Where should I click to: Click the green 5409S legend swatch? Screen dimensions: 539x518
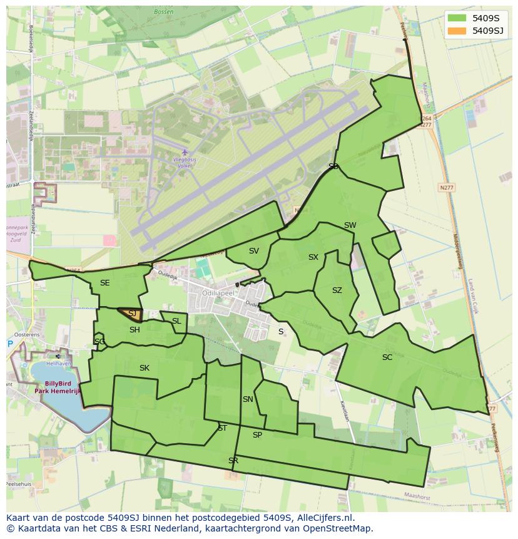point(457,18)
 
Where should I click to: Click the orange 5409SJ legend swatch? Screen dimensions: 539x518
point(457,31)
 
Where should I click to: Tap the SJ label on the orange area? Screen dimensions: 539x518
point(132,313)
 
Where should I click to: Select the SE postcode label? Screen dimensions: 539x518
point(104,283)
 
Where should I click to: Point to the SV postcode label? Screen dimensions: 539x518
point(253,251)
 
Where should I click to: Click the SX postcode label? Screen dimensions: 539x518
point(313,257)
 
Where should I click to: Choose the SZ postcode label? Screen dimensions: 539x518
point(337,290)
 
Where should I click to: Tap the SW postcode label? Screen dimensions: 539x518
point(350,225)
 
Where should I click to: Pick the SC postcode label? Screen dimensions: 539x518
point(387,357)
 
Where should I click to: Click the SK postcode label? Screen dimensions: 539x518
point(145,368)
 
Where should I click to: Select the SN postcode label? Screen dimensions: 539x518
point(248,399)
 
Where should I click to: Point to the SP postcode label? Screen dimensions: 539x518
point(257,435)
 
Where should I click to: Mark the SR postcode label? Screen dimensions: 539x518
point(233,461)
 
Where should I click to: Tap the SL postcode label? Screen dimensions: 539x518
point(176,321)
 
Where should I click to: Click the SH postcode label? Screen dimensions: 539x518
point(135,330)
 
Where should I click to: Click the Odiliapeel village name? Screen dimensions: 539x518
point(218,293)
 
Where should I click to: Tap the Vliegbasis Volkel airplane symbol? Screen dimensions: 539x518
point(185,152)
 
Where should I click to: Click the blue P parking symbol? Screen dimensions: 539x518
point(10,344)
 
